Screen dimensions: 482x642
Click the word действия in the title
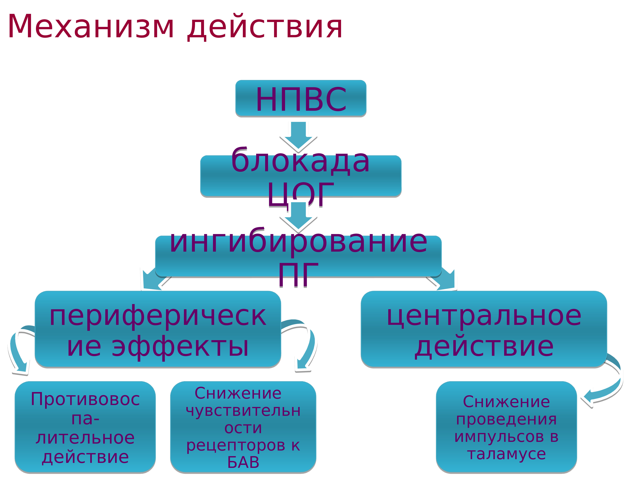click(x=265, y=28)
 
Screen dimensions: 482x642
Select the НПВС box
click(x=301, y=99)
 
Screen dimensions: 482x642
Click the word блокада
click(x=300, y=161)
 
